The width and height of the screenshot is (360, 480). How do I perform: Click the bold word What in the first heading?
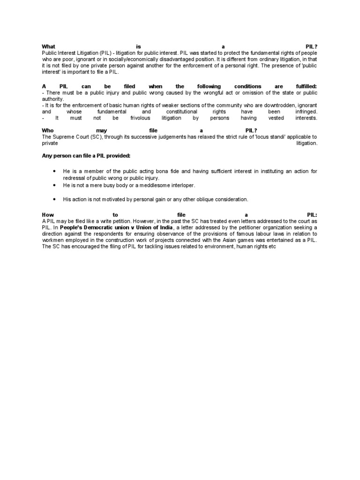[x=48, y=46]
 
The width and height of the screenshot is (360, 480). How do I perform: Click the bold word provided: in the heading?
[x=117, y=155]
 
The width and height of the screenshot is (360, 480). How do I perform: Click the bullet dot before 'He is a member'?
[x=55, y=172]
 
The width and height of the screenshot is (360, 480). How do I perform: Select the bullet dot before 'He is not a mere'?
[x=55, y=186]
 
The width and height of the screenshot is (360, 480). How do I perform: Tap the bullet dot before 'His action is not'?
[x=55, y=199]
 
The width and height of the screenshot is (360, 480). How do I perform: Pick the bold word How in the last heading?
[x=48, y=215]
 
